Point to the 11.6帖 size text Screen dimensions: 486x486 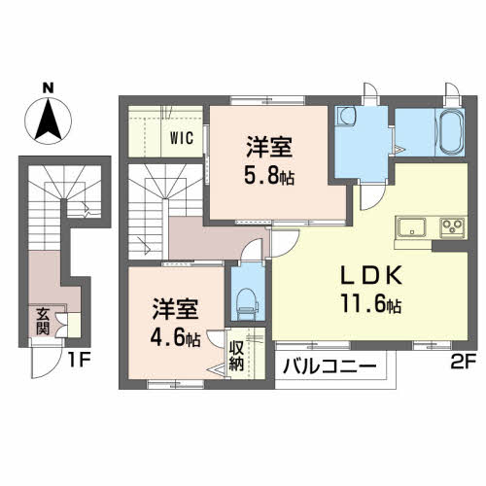(x=368, y=303)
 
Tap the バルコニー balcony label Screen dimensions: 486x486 (x=329, y=367)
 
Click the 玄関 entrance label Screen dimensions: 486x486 (x=44, y=322)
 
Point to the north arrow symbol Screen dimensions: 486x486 (x=49, y=121)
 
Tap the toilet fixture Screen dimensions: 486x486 (x=243, y=298)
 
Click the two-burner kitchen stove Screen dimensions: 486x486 (x=453, y=229)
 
